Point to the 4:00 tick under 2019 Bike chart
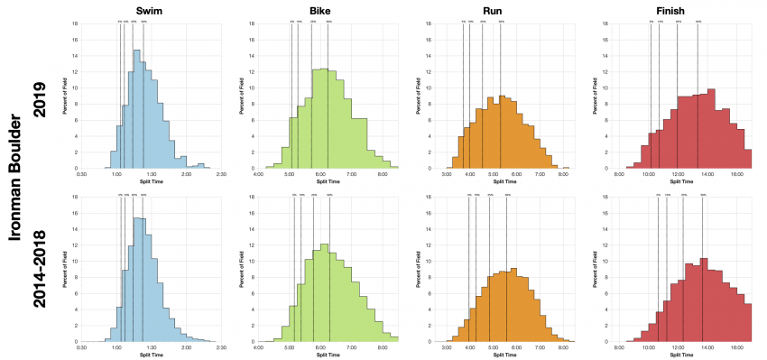coord(259,173)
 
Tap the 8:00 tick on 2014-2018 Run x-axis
coord(563,346)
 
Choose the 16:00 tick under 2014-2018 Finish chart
coord(736,346)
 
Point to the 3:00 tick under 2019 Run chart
coord(447,173)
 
